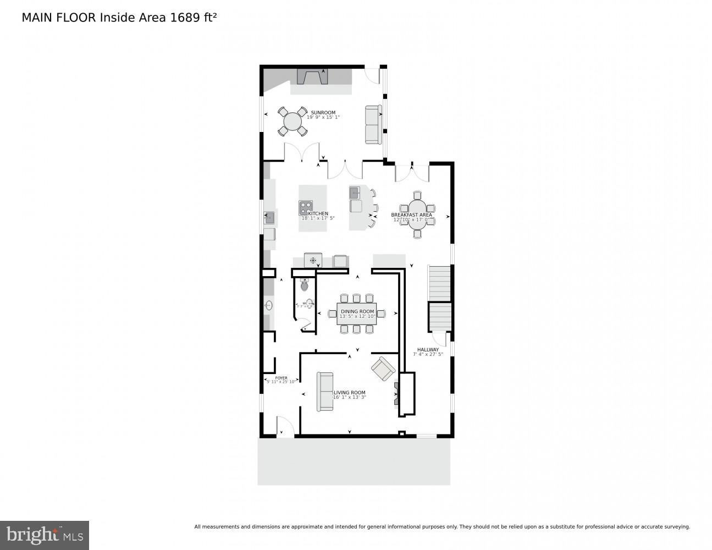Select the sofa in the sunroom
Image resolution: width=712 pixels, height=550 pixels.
[x=373, y=124]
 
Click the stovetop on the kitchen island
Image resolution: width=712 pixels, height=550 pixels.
[x=306, y=208]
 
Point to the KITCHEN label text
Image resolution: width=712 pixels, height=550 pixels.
[x=318, y=213]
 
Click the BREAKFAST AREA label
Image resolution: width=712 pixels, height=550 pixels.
[x=411, y=215]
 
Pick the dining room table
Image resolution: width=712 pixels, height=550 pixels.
[x=356, y=313]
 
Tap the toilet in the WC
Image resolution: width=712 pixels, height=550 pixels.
[x=305, y=285]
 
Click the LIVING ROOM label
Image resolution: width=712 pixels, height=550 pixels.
[x=350, y=393]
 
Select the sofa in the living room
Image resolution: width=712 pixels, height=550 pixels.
[x=324, y=392]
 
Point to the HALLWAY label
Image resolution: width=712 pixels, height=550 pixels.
[x=428, y=350]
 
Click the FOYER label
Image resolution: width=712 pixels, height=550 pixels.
[x=281, y=378]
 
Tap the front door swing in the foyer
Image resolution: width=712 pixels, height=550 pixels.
[x=284, y=426]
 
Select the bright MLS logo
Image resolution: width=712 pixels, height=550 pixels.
[x=44, y=535]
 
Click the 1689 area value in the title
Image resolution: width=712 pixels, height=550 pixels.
[x=183, y=17]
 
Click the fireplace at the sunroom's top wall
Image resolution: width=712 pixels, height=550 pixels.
[x=312, y=76]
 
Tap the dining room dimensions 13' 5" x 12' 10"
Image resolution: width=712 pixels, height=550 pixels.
[x=357, y=316]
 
